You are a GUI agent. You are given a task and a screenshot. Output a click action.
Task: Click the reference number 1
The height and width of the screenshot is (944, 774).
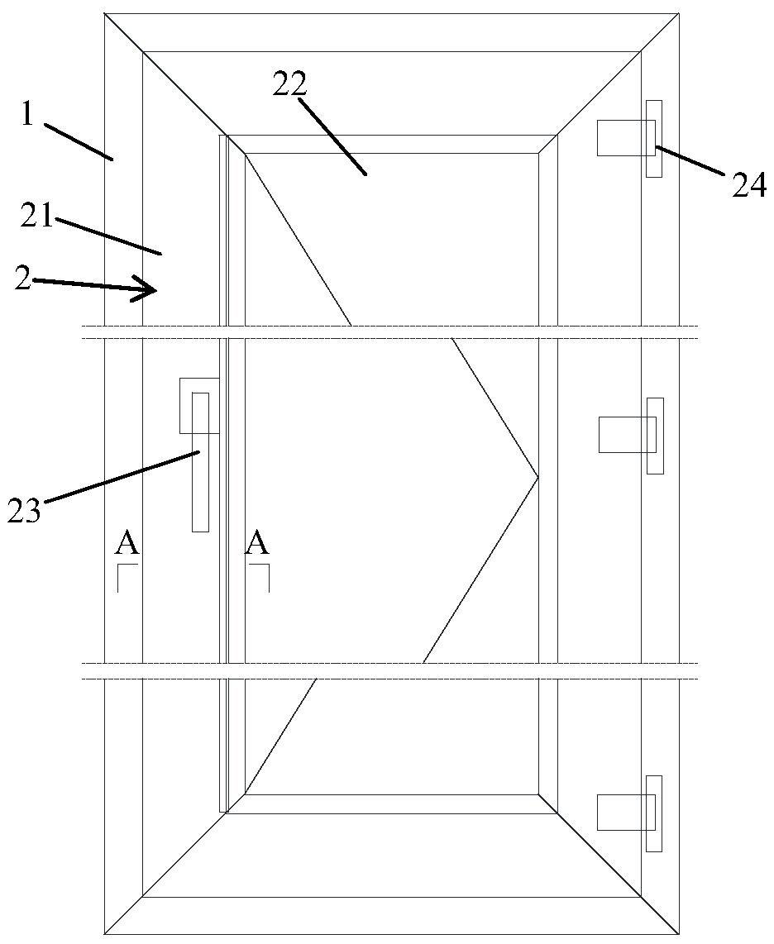tap(27, 115)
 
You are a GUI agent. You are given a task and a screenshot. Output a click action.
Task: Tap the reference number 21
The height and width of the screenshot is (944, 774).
tap(37, 218)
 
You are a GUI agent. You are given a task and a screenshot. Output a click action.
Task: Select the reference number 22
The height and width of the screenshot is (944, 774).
tap(290, 83)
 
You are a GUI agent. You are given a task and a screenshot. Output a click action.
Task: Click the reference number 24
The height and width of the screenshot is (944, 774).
tap(749, 186)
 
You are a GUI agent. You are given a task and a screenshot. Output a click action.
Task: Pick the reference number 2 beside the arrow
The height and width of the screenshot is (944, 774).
tap(23, 279)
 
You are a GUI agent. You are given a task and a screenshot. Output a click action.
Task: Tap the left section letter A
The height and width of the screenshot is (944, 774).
tap(127, 544)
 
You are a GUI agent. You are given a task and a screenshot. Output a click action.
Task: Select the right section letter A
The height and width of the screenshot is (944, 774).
tap(258, 544)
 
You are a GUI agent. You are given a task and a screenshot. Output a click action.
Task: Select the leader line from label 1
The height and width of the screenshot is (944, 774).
tap(79, 141)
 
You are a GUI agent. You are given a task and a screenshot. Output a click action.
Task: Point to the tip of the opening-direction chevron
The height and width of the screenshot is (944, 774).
tap(537, 477)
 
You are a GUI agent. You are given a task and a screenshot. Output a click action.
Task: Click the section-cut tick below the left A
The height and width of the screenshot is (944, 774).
tap(124, 576)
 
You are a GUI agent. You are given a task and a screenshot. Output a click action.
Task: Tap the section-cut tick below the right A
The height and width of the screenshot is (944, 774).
tap(261, 576)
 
